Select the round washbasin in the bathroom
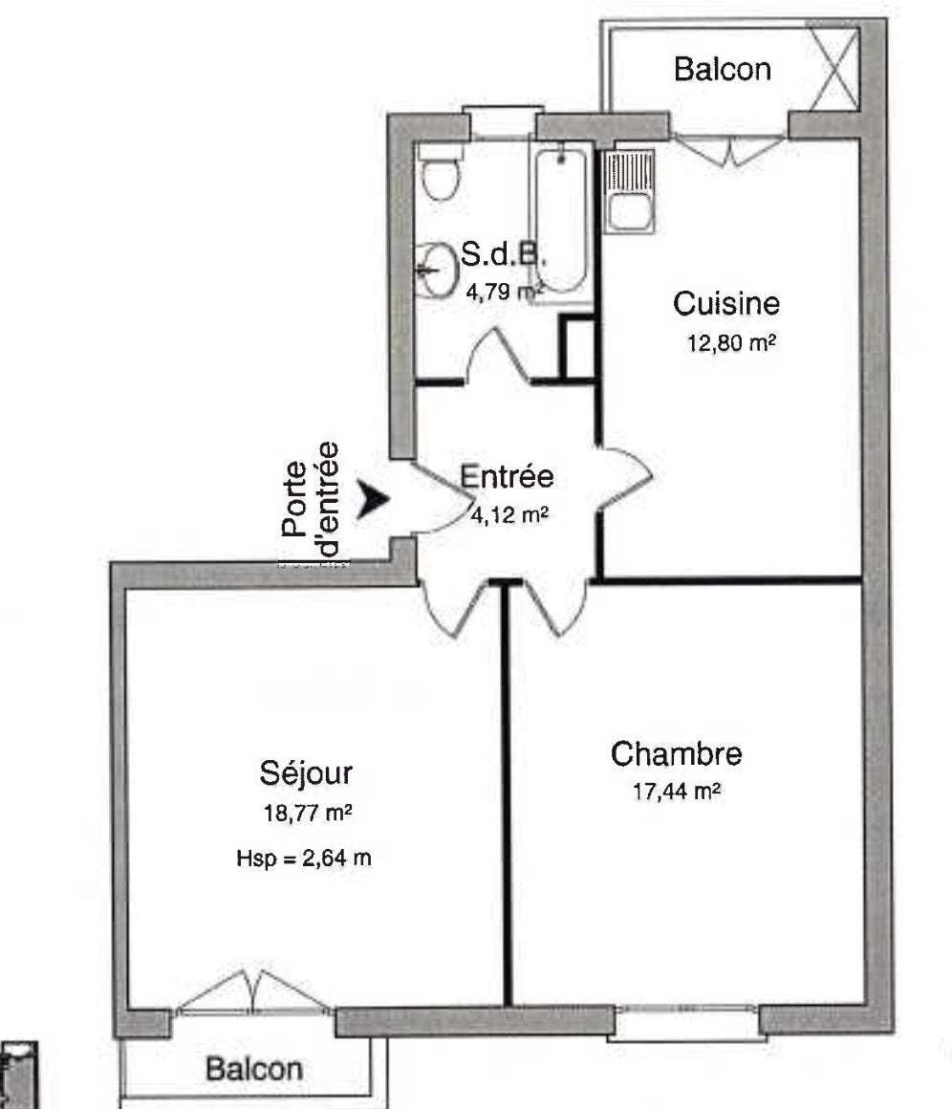click(x=437, y=270)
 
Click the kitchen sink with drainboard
click(x=629, y=191)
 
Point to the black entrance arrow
click(x=372, y=499)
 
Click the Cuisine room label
click(x=726, y=304)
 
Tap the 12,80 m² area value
click(x=732, y=344)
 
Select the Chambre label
click(x=676, y=754)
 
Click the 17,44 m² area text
click(x=677, y=791)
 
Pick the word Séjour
click(x=306, y=773)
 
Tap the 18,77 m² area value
click(x=308, y=814)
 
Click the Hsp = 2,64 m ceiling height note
click(x=303, y=859)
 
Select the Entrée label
click(x=507, y=476)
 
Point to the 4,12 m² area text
click(x=510, y=515)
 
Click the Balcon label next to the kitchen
click(x=723, y=69)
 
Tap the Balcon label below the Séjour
click(x=254, y=1068)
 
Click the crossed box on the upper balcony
click(x=833, y=69)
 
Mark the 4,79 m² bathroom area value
click(x=505, y=291)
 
